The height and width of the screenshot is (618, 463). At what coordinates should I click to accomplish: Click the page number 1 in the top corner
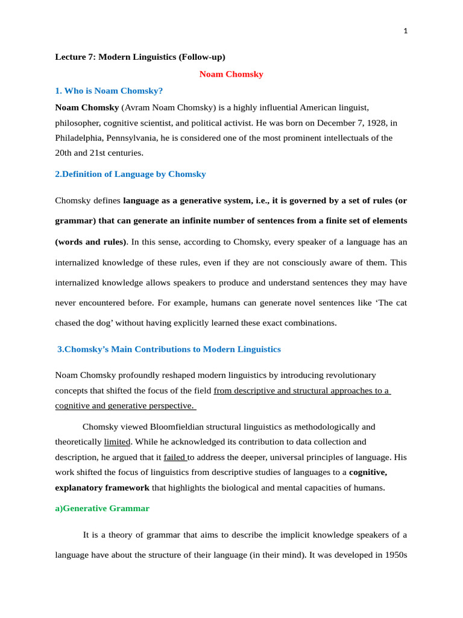point(406,31)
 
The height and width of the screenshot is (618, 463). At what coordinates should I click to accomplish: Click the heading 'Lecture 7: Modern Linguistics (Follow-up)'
point(140,57)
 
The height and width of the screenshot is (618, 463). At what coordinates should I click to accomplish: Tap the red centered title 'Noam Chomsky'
point(231,74)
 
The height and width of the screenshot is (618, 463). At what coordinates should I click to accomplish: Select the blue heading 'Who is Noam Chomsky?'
point(113,91)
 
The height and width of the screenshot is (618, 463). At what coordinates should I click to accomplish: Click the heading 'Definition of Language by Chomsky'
point(134,174)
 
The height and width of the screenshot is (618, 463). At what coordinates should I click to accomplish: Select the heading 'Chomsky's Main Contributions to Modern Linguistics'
point(169,349)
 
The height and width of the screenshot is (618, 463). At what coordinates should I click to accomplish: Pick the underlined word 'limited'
point(117,442)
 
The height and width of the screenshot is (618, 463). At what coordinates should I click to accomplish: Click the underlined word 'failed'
point(174,457)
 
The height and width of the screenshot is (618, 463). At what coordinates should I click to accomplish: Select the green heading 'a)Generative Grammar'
point(102,508)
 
